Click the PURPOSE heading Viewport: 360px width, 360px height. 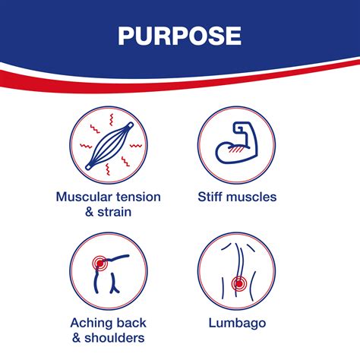click(179, 36)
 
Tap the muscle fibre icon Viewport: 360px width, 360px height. click(109, 146)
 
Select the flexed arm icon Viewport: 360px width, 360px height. click(236, 143)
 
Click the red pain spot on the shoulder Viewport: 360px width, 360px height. click(100, 264)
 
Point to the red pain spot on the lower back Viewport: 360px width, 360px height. click(238, 283)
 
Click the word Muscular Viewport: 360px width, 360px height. click(84, 197)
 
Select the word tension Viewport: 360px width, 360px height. click(138, 197)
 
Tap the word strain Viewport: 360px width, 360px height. click(115, 212)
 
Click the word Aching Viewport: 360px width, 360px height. click(89, 324)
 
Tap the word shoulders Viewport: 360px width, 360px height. click(115, 338)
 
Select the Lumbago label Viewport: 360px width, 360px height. click(237, 324)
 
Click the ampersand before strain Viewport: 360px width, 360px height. click(90, 212)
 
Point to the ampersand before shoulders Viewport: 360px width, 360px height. click(77, 338)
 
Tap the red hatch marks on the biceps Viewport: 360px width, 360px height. click(235, 150)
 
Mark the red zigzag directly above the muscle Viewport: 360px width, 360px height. click(111, 119)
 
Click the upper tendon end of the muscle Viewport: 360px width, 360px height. click(131, 125)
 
